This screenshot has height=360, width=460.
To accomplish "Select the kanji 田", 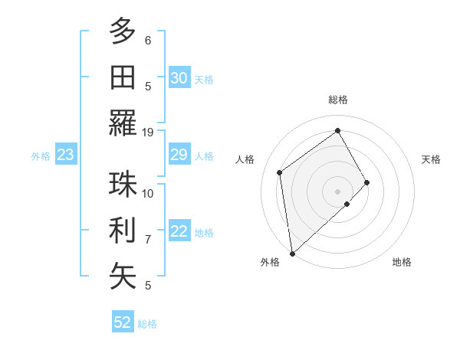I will click(x=123, y=77).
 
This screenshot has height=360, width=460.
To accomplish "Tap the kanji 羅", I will click(x=123, y=123).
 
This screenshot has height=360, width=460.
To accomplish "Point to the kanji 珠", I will click(x=123, y=184).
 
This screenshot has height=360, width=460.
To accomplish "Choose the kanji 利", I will click(x=123, y=230).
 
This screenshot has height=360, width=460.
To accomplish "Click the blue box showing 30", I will click(x=179, y=78).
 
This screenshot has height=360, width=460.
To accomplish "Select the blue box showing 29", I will click(x=179, y=155).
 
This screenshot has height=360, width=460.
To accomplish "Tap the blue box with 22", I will click(x=179, y=232).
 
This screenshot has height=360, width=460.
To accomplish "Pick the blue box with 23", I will click(x=65, y=155).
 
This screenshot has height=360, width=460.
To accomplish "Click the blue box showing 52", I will click(x=123, y=322).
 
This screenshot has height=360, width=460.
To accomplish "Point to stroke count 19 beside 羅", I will click(x=148, y=132).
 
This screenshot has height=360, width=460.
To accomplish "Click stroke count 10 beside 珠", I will click(x=148, y=193).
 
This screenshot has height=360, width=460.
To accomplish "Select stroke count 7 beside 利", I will click(x=148, y=240).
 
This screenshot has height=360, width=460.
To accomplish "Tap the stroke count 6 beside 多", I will click(x=148, y=40).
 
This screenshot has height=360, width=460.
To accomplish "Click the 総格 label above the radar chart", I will click(x=338, y=100).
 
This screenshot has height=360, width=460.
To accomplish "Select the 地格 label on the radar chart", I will click(x=402, y=262).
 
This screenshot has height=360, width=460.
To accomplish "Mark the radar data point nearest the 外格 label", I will click(x=292, y=253).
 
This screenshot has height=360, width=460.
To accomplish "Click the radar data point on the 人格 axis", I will click(x=280, y=172).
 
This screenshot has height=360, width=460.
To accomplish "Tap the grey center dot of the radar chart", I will click(x=337, y=191).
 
